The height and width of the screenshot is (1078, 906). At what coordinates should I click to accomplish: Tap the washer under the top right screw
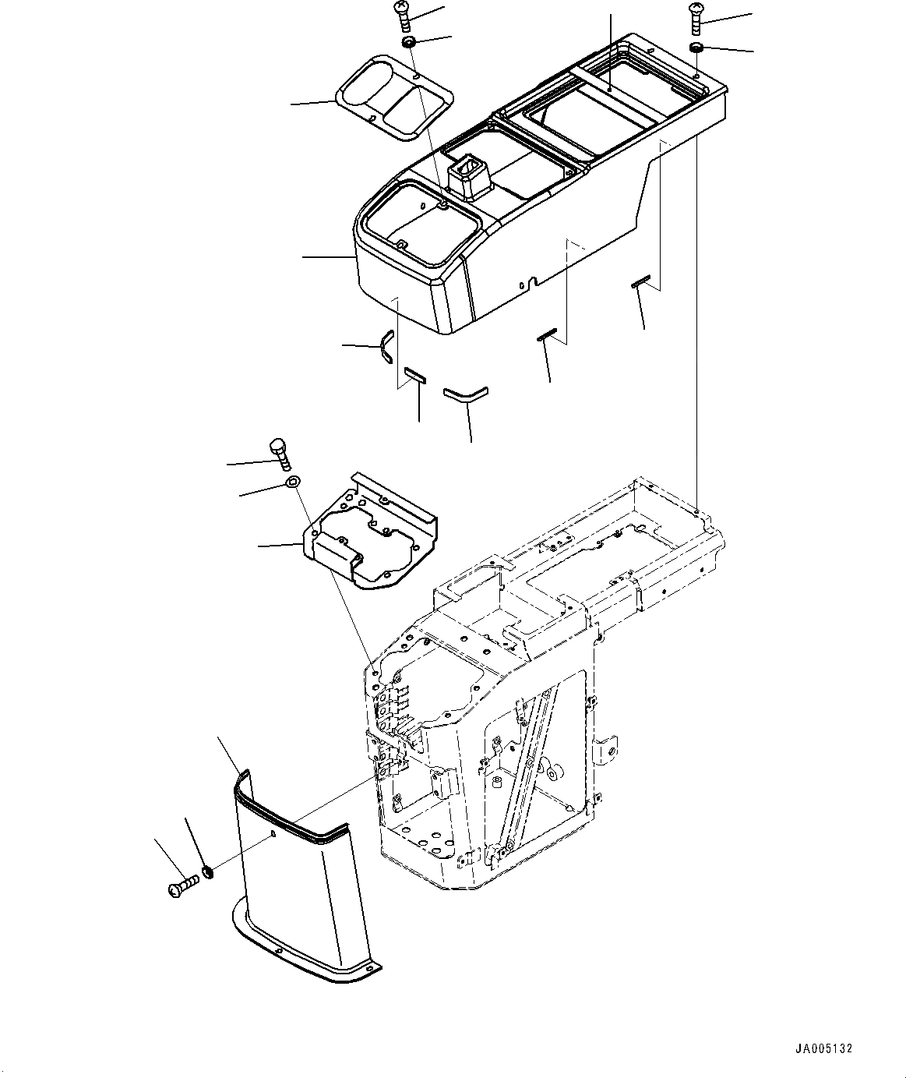click(696, 49)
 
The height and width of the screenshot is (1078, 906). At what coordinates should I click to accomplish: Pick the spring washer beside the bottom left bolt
click(207, 871)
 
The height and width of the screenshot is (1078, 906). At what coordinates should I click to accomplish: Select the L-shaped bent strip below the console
click(465, 393)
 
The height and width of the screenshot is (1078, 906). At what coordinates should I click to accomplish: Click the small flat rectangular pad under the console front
click(415, 376)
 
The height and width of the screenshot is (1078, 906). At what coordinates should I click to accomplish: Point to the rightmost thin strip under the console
click(640, 284)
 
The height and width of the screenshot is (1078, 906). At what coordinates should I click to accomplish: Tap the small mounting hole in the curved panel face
click(273, 836)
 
